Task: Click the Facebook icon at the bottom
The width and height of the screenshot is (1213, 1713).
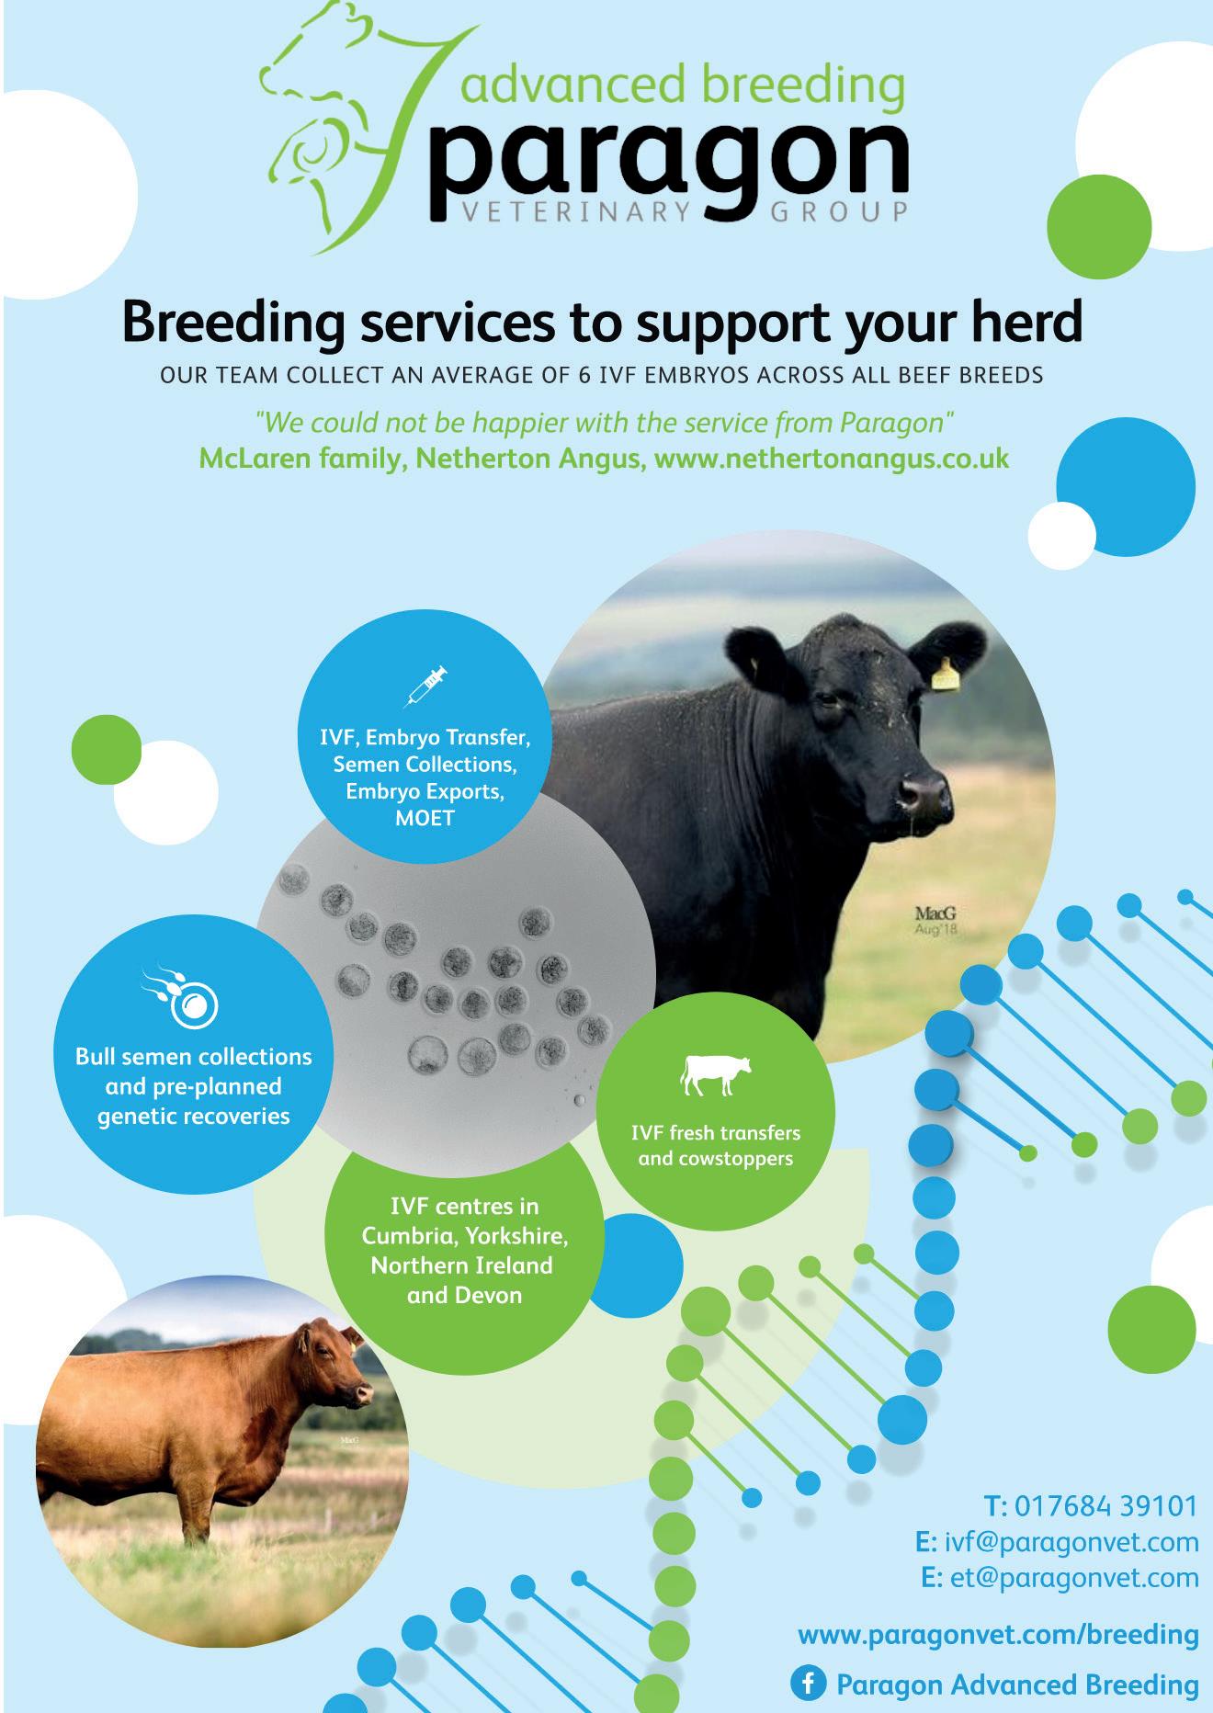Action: point(807,1684)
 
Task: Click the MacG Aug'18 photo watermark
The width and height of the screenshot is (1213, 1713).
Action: point(935,921)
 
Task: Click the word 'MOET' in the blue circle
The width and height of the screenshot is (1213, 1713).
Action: point(425,818)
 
